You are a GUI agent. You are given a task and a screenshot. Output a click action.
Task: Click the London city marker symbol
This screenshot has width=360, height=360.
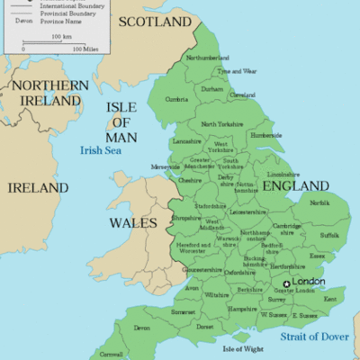[x=287, y=283]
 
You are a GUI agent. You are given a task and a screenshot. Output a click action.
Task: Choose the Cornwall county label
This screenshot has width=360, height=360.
[x=111, y=354]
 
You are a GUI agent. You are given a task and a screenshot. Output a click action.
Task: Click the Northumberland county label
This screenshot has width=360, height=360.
[x=208, y=58]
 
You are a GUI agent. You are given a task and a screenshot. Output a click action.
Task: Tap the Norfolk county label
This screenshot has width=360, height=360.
[x=319, y=202]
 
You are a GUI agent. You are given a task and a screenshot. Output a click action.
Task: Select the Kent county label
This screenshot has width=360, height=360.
[x=329, y=298]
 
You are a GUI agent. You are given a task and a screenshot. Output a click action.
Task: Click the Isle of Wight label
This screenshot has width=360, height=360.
[x=243, y=348]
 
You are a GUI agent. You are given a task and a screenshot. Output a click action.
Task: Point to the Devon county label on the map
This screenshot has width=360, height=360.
[x=142, y=328]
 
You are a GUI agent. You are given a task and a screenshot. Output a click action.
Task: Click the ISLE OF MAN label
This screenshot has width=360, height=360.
[x=122, y=121]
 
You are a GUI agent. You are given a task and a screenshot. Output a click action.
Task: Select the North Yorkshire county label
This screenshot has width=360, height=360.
[x=222, y=124]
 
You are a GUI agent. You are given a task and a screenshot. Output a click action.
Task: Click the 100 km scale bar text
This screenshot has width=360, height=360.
[x=61, y=36]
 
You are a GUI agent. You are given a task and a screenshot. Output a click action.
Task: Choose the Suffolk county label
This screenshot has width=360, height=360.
[x=329, y=235]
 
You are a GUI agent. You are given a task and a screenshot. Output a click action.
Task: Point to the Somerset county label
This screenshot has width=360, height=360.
[x=183, y=310]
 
